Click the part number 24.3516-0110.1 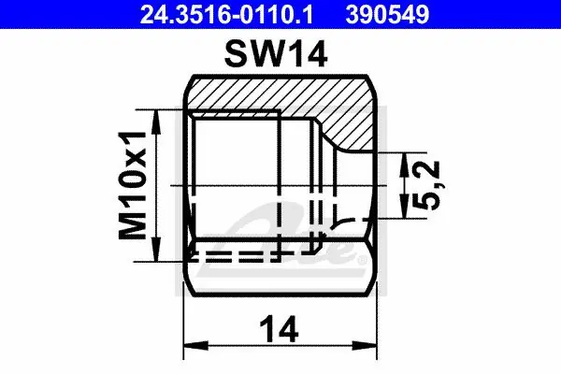(x=226, y=14)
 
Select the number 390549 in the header (x=387, y=14)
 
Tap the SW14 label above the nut (x=276, y=54)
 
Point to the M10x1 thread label (x=133, y=185)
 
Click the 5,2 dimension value (x=427, y=185)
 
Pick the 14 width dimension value (x=280, y=329)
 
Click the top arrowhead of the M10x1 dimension (x=155, y=122)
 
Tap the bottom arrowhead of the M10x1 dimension (x=155, y=249)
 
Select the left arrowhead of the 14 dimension (x=195, y=346)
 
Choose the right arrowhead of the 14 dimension (x=365, y=346)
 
